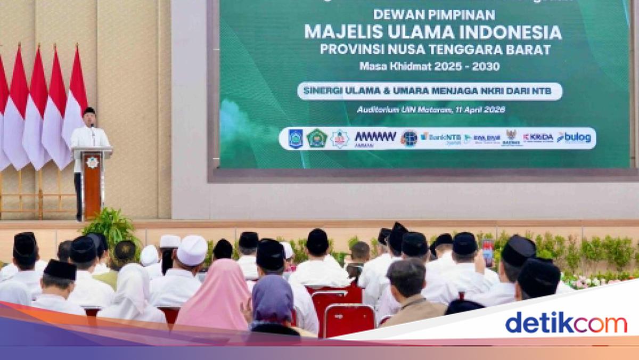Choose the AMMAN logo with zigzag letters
pyautogui.click(x=375, y=138)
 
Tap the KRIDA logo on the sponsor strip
pyautogui.click(x=538, y=137)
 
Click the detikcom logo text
pyautogui.click(x=566, y=323)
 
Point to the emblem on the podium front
pyautogui.click(x=92, y=162)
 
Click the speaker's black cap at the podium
pyautogui.click(x=89, y=111)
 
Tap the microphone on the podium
pyautogui.click(x=93, y=130)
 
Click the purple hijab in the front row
pyautogui.click(x=272, y=300)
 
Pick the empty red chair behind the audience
pyautogui.click(x=349, y=320)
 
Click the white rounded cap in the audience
pyautogui.click(x=192, y=250)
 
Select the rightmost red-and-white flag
pyautogui.click(x=75, y=96)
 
